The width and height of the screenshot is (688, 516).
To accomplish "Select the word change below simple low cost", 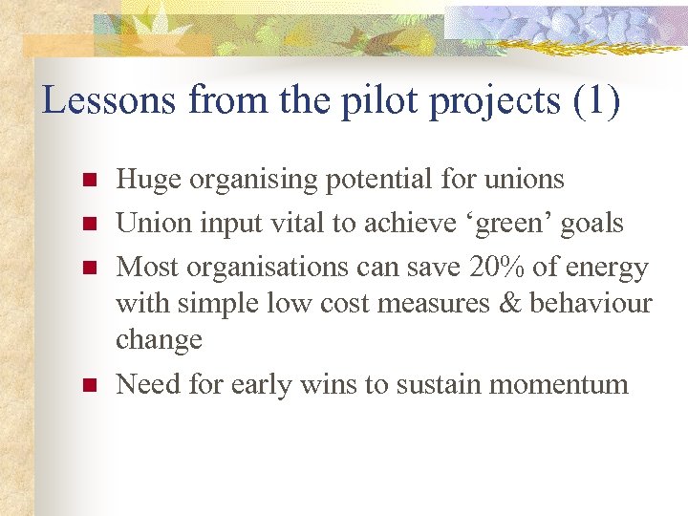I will coord(159,340).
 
